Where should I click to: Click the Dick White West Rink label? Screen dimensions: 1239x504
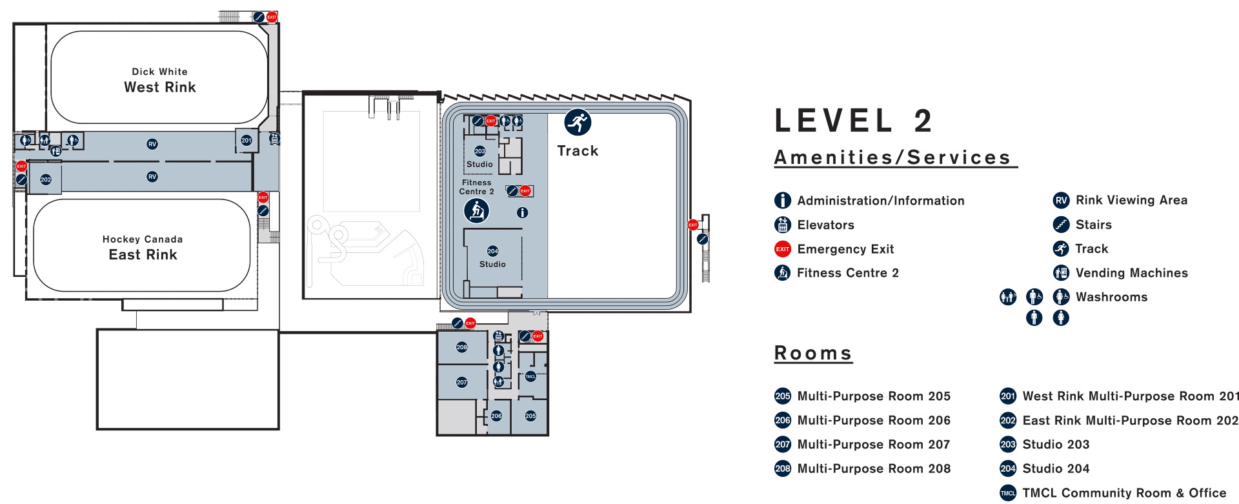[x=160, y=81]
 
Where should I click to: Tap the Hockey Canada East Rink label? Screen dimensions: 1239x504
[x=143, y=248]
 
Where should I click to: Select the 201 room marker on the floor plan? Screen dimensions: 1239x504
[x=247, y=140]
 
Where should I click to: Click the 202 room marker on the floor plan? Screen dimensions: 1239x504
[x=46, y=179]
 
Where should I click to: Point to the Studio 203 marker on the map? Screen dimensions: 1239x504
[x=480, y=151]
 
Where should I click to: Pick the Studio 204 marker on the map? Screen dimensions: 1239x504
[x=493, y=251]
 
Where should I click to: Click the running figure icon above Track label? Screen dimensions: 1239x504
[x=578, y=122]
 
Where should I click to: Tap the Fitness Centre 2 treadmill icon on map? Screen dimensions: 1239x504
[x=477, y=210]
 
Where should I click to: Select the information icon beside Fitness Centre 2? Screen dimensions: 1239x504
[x=523, y=212]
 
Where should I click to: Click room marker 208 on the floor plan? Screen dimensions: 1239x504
[x=462, y=347]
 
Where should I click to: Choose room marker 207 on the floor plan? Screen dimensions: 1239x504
[x=462, y=382]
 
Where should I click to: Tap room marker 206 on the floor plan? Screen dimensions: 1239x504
[x=496, y=416]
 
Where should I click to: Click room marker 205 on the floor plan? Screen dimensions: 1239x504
[x=530, y=416]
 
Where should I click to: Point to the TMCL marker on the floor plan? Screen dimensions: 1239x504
[x=530, y=376]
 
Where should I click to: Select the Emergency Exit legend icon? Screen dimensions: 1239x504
[x=783, y=249]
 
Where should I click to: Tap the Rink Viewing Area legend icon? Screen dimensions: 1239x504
[x=1062, y=200]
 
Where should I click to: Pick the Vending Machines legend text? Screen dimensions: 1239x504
[x=1132, y=273]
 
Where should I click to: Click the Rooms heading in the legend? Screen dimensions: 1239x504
[x=813, y=353]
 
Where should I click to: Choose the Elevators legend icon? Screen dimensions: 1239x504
[x=783, y=225]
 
